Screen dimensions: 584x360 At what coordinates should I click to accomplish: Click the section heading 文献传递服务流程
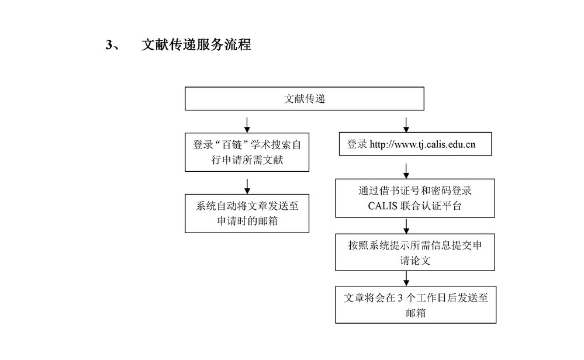196,44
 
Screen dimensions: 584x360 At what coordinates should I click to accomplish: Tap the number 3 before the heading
109,44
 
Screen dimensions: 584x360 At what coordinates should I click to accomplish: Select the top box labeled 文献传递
305,99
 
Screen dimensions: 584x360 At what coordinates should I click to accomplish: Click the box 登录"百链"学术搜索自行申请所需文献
247,153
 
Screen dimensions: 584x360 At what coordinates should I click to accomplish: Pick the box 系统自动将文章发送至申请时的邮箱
247,213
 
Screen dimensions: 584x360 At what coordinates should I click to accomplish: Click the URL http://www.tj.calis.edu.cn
422,144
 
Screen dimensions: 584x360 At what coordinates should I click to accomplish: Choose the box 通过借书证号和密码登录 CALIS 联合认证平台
415,198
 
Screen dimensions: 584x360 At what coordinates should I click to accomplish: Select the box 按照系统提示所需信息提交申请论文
415,252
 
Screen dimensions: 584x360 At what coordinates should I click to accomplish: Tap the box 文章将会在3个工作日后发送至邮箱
416,304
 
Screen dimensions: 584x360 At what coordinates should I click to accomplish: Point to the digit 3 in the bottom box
400,298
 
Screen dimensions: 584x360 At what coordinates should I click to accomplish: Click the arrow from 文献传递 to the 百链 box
247,125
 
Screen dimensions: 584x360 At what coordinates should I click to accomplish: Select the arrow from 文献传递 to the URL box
406,124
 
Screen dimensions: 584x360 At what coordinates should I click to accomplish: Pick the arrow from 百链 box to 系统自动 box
247,186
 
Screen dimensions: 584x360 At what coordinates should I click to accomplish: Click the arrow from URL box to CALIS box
406,171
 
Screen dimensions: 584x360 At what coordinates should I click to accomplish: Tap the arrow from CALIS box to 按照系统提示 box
406,226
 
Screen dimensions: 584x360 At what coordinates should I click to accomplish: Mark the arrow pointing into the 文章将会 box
406,278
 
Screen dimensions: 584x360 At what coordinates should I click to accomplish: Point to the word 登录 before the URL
357,144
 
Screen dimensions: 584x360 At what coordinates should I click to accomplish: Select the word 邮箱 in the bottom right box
416,313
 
